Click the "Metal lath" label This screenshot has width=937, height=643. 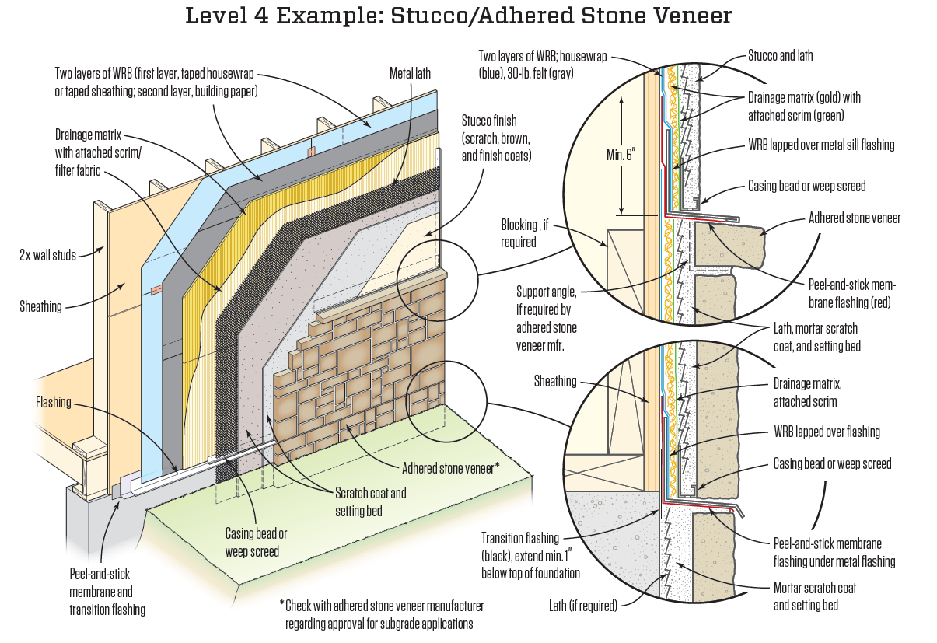coord(410,73)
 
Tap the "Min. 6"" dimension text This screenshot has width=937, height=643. coord(621,155)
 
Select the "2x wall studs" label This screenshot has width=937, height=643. coord(47,255)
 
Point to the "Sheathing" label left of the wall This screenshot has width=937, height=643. coord(40,306)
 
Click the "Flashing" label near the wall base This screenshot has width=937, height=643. coord(54,402)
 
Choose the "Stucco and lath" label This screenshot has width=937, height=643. coord(780,55)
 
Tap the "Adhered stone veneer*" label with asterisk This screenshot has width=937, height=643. coord(451,468)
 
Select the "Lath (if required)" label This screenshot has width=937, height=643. coord(583,606)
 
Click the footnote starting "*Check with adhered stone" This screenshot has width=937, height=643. coord(382,614)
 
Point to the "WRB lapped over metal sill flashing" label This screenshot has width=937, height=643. coord(821,145)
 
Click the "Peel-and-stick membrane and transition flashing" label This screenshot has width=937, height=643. coord(107,592)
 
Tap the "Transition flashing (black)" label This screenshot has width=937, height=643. coord(530,555)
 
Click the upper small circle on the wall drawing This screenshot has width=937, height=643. coord(437,281)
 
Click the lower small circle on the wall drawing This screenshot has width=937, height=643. coord(446,403)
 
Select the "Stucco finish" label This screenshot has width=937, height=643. coord(497,138)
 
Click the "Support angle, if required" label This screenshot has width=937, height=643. coord(547,318)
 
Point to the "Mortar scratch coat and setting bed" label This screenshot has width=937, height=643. coord(814,596)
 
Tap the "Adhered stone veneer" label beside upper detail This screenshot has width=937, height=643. coord(854,218)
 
